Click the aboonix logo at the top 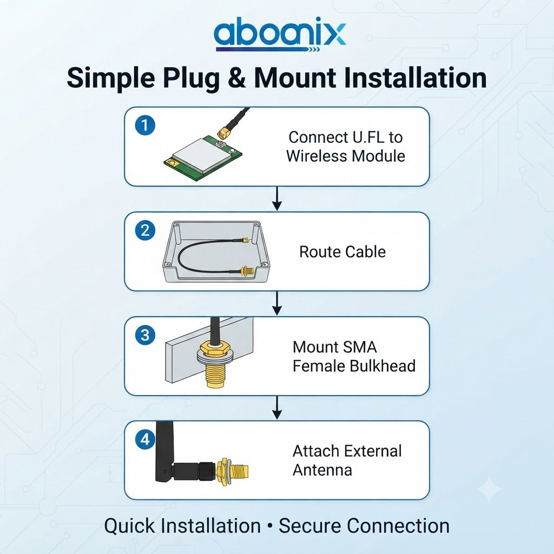[x=280, y=34]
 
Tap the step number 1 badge [x=145, y=125]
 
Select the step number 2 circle [x=145, y=230]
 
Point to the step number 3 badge [x=145, y=334]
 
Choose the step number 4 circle [x=145, y=439]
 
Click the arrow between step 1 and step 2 [x=278, y=199]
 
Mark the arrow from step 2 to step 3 [x=278, y=303]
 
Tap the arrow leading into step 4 [x=278, y=408]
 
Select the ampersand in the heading [x=237, y=78]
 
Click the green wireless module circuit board [x=203, y=159]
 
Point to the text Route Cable [x=342, y=252]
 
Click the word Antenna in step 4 [x=322, y=470]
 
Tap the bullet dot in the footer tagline [x=270, y=526]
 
